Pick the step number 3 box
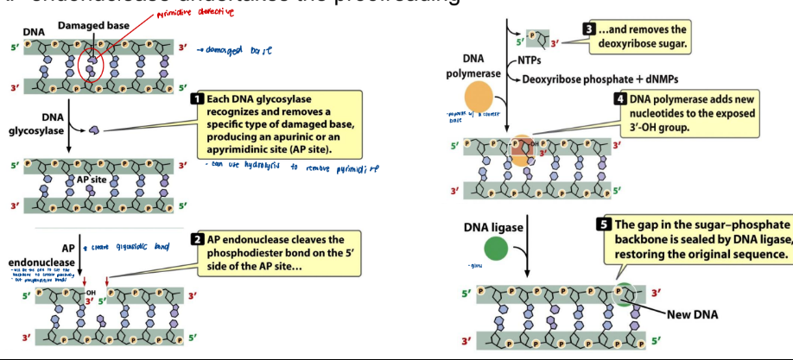click(x=589, y=28)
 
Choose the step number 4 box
click(x=619, y=99)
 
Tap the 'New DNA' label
click(x=691, y=313)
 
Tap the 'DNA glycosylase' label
click(x=33, y=124)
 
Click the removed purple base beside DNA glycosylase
click(x=94, y=129)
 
